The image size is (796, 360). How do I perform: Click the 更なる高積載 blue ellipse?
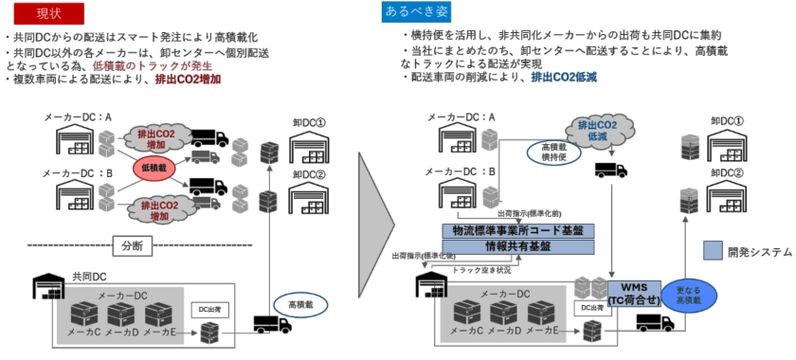(687, 295)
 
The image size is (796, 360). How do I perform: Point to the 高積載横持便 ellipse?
(554, 153)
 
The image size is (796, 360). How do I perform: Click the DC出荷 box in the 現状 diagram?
(208, 310)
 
